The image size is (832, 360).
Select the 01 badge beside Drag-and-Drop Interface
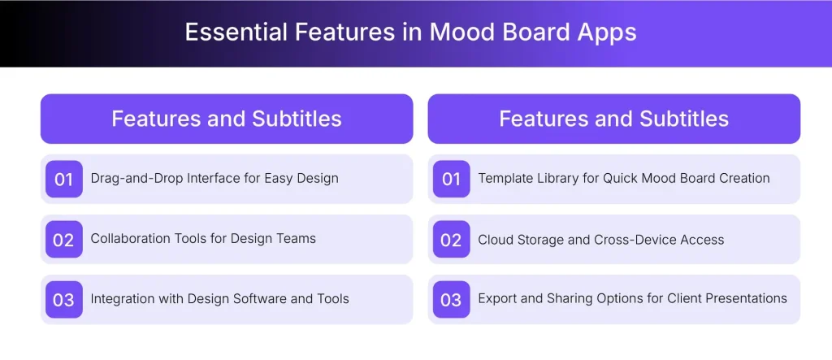[63, 179]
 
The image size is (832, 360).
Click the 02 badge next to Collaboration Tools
[63, 239]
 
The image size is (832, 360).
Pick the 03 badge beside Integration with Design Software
[63, 299]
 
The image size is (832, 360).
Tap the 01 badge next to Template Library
[451, 179]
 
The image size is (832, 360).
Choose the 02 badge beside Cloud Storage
[451, 239]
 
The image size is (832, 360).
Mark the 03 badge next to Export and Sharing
[451, 299]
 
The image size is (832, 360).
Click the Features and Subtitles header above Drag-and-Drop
[227, 119]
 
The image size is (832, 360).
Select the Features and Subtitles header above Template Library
[613, 119]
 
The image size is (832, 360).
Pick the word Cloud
[496, 239]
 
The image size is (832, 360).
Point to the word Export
[497, 298]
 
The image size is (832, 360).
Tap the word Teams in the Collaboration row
[296, 238]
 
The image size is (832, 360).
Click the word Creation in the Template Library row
[743, 178]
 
